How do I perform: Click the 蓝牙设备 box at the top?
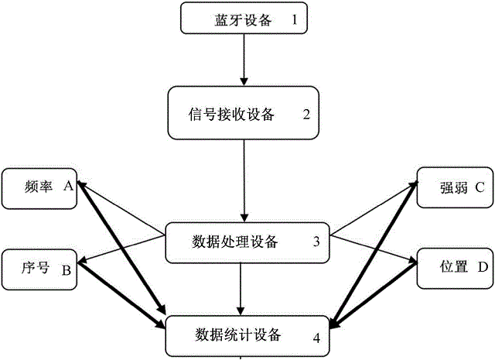pos(243,20)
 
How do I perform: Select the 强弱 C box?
pos(453,187)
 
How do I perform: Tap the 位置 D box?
pos(453,269)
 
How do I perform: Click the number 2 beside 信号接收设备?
pos(306,115)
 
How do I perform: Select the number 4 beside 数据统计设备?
pos(316,337)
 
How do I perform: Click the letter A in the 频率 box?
pos(67,186)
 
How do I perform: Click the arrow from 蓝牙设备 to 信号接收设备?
pos(244,59)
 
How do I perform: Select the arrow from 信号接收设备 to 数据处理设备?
pos(244,181)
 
